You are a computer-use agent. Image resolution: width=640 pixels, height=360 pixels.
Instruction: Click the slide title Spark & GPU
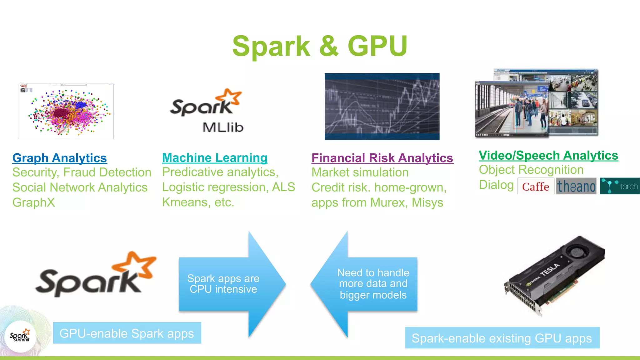click(x=320, y=46)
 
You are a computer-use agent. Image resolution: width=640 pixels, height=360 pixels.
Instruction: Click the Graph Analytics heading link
click(x=60, y=158)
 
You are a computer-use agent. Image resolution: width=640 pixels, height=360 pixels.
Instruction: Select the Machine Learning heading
click(x=215, y=158)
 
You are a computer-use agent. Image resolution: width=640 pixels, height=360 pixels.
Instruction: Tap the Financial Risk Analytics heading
click(x=382, y=158)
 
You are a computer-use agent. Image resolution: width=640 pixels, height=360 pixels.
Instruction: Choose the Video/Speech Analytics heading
click(x=548, y=156)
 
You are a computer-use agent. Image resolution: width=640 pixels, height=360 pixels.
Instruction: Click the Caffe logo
click(x=536, y=187)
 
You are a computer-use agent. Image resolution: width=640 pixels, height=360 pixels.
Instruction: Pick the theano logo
click(x=576, y=187)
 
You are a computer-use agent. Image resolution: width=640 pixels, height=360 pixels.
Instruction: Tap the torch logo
click(x=620, y=186)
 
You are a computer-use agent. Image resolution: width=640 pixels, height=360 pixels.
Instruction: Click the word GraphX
click(x=34, y=202)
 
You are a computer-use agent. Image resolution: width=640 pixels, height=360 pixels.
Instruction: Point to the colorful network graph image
click(x=66, y=111)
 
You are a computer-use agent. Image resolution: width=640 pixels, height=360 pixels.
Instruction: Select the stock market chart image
click(x=382, y=107)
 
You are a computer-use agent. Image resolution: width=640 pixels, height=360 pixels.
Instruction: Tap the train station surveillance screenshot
click(x=536, y=103)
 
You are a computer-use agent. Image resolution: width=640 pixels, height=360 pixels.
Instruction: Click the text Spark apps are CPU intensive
click(x=223, y=284)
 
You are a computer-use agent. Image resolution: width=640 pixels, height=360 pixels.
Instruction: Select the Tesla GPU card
click(x=554, y=275)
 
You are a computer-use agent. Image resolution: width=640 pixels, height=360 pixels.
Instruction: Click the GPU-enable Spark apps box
click(x=127, y=333)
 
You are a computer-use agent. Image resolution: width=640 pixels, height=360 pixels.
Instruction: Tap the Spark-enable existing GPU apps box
click(x=502, y=338)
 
